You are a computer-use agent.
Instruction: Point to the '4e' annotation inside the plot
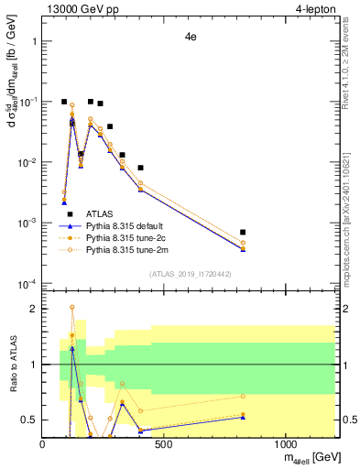point(191,39)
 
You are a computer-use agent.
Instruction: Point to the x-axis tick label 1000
point(285,444)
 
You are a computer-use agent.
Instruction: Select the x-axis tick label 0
point(43,444)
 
